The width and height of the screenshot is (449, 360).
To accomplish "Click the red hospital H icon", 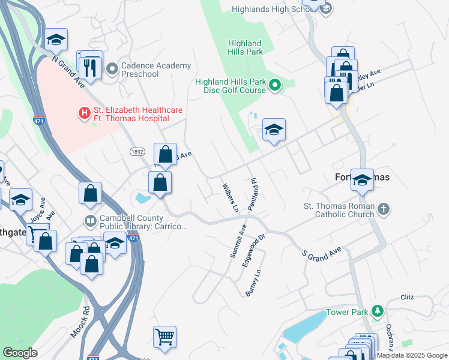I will click(84, 112).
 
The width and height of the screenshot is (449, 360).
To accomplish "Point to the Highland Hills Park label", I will click(245, 47).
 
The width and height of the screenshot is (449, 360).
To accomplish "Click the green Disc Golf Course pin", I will click(276, 86).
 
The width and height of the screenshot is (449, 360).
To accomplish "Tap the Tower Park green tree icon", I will click(378, 311).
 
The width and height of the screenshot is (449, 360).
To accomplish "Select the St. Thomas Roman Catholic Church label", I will click(339, 210).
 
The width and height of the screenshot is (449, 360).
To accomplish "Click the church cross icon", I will click(384, 209).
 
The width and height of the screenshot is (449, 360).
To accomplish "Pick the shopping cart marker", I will click(164, 336).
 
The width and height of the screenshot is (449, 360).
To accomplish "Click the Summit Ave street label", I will click(238, 241).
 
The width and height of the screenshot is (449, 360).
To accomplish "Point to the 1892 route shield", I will click(138, 152).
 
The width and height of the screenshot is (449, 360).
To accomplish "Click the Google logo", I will click(20, 353).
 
